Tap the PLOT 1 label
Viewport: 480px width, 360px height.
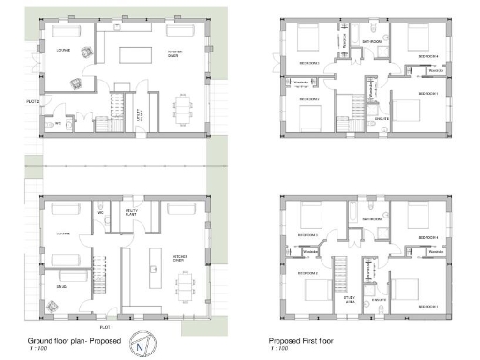click(106, 327)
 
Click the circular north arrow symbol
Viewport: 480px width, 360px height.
click(142, 341)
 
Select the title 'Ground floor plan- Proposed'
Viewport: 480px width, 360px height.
click(72, 341)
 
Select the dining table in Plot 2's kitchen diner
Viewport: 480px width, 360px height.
click(182, 110)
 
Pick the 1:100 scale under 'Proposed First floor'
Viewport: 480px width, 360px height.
click(277, 350)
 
